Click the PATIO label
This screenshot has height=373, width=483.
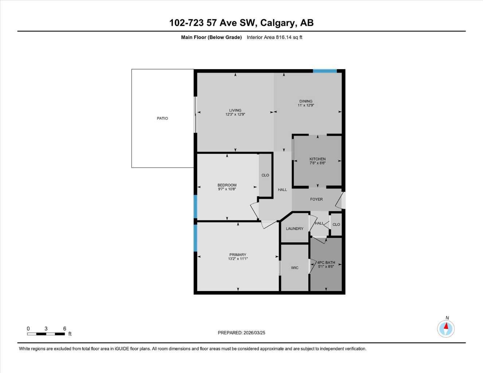click(x=162, y=118)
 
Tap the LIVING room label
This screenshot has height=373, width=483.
click(x=235, y=110)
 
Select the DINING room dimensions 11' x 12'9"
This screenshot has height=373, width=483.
click(x=306, y=105)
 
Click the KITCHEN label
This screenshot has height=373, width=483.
click(x=318, y=159)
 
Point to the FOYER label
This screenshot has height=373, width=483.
click(x=316, y=199)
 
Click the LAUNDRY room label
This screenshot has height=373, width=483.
click(x=295, y=229)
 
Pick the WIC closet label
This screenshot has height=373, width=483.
click(x=295, y=268)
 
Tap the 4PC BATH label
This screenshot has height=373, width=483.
click(x=326, y=262)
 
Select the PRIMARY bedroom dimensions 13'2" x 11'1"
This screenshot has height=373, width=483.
click(x=238, y=259)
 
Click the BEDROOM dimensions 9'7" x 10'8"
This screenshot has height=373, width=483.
click(x=227, y=189)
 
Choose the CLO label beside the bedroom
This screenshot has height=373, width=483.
click(x=265, y=175)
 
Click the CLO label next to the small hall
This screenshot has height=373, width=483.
click(x=336, y=224)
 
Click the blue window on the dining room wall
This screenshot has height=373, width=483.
click(x=324, y=71)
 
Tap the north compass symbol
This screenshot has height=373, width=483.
click(x=446, y=329)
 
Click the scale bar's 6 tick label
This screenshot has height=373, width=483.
click(x=65, y=329)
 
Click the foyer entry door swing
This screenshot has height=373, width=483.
click(x=340, y=201)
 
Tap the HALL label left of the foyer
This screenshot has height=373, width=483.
click(x=282, y=190)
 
